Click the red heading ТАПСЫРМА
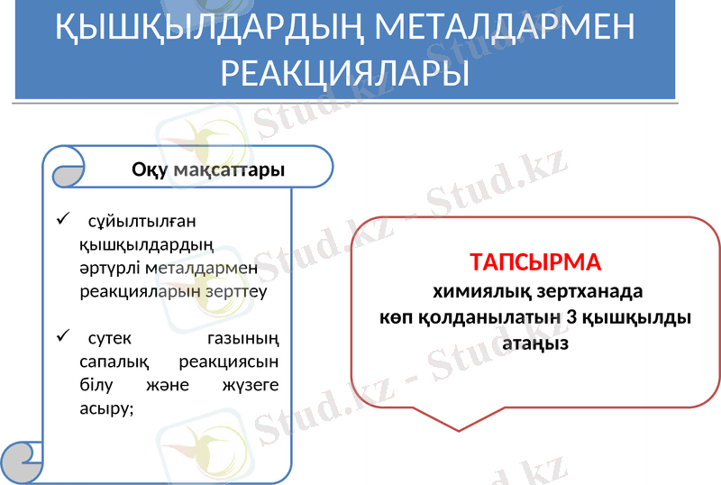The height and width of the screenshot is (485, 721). pos(535,263)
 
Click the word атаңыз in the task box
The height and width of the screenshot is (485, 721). pos(535,344)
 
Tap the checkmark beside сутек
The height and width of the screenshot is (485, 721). pos(61,337)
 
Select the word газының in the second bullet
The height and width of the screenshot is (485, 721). pos(242,339)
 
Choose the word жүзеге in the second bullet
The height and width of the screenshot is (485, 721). pos(249,385)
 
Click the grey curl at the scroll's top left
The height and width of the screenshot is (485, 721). pos(66,175)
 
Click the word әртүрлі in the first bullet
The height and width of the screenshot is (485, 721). pos(107,268)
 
